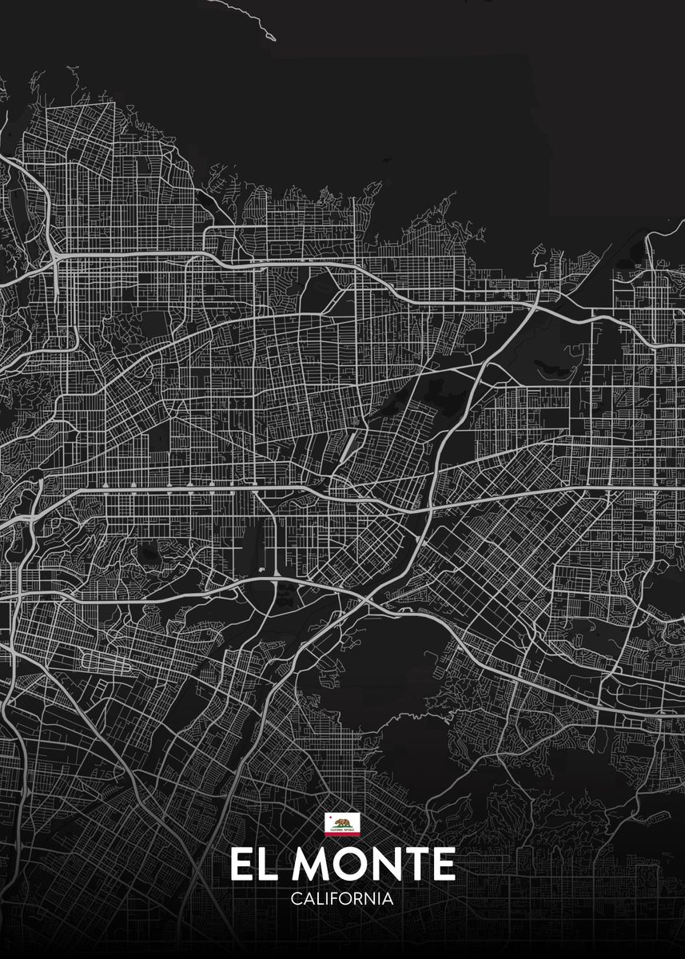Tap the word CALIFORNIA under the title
click(x=342, y=898)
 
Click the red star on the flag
click(x=329, y=818)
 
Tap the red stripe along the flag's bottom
click(x=342, y=834)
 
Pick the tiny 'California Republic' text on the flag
click(x=342, y=830)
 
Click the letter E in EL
click(x=241, y=865)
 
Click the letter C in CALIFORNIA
click(x=297, y=898)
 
